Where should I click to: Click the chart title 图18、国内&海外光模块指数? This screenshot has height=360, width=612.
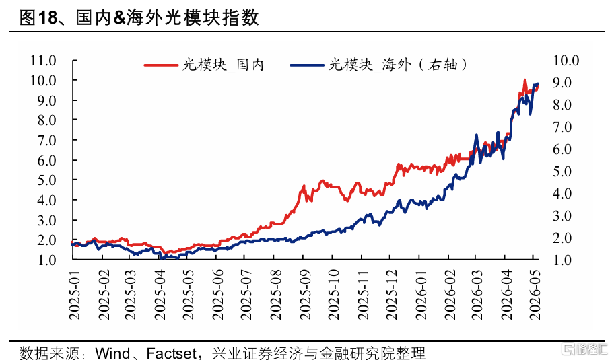139,17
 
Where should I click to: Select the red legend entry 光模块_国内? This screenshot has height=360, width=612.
204,65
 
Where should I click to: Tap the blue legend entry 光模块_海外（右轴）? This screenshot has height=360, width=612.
378,65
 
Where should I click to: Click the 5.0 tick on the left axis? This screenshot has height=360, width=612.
46,180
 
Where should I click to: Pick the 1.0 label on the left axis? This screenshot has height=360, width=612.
46,260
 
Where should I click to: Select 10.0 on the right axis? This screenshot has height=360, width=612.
566,61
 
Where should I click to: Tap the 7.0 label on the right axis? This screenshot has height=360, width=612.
562,127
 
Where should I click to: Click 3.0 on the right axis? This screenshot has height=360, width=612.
562,216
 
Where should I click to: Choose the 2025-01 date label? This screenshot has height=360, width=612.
74,295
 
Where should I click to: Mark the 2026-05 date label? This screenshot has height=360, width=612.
535,295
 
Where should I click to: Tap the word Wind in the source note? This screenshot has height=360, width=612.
113,353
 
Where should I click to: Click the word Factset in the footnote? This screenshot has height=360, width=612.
171,353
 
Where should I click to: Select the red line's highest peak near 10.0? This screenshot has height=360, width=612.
525,80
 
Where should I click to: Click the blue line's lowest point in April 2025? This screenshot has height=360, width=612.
162,258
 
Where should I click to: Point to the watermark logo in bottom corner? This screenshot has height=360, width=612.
584,349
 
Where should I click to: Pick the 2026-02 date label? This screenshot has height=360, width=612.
450,295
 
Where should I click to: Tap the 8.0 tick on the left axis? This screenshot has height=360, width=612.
46,120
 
